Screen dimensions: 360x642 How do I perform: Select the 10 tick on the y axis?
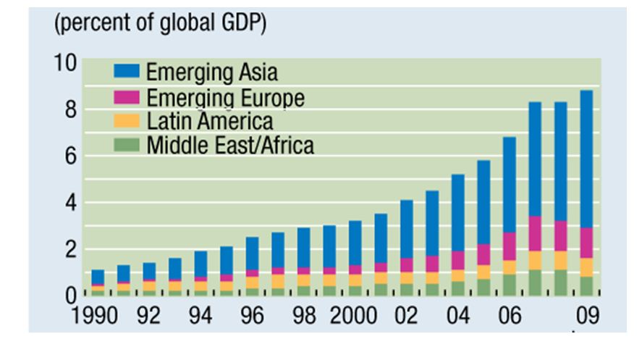point(63,63)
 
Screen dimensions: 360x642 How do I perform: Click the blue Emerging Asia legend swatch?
point(127,72)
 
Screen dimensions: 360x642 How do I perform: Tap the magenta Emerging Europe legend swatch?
point(127,97)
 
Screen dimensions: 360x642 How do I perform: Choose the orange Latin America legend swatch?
point(127,121)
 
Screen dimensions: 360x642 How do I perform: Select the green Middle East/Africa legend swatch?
point(127,146)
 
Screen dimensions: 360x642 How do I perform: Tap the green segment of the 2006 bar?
point(509,285)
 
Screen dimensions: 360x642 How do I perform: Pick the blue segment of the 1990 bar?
point(98,277)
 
